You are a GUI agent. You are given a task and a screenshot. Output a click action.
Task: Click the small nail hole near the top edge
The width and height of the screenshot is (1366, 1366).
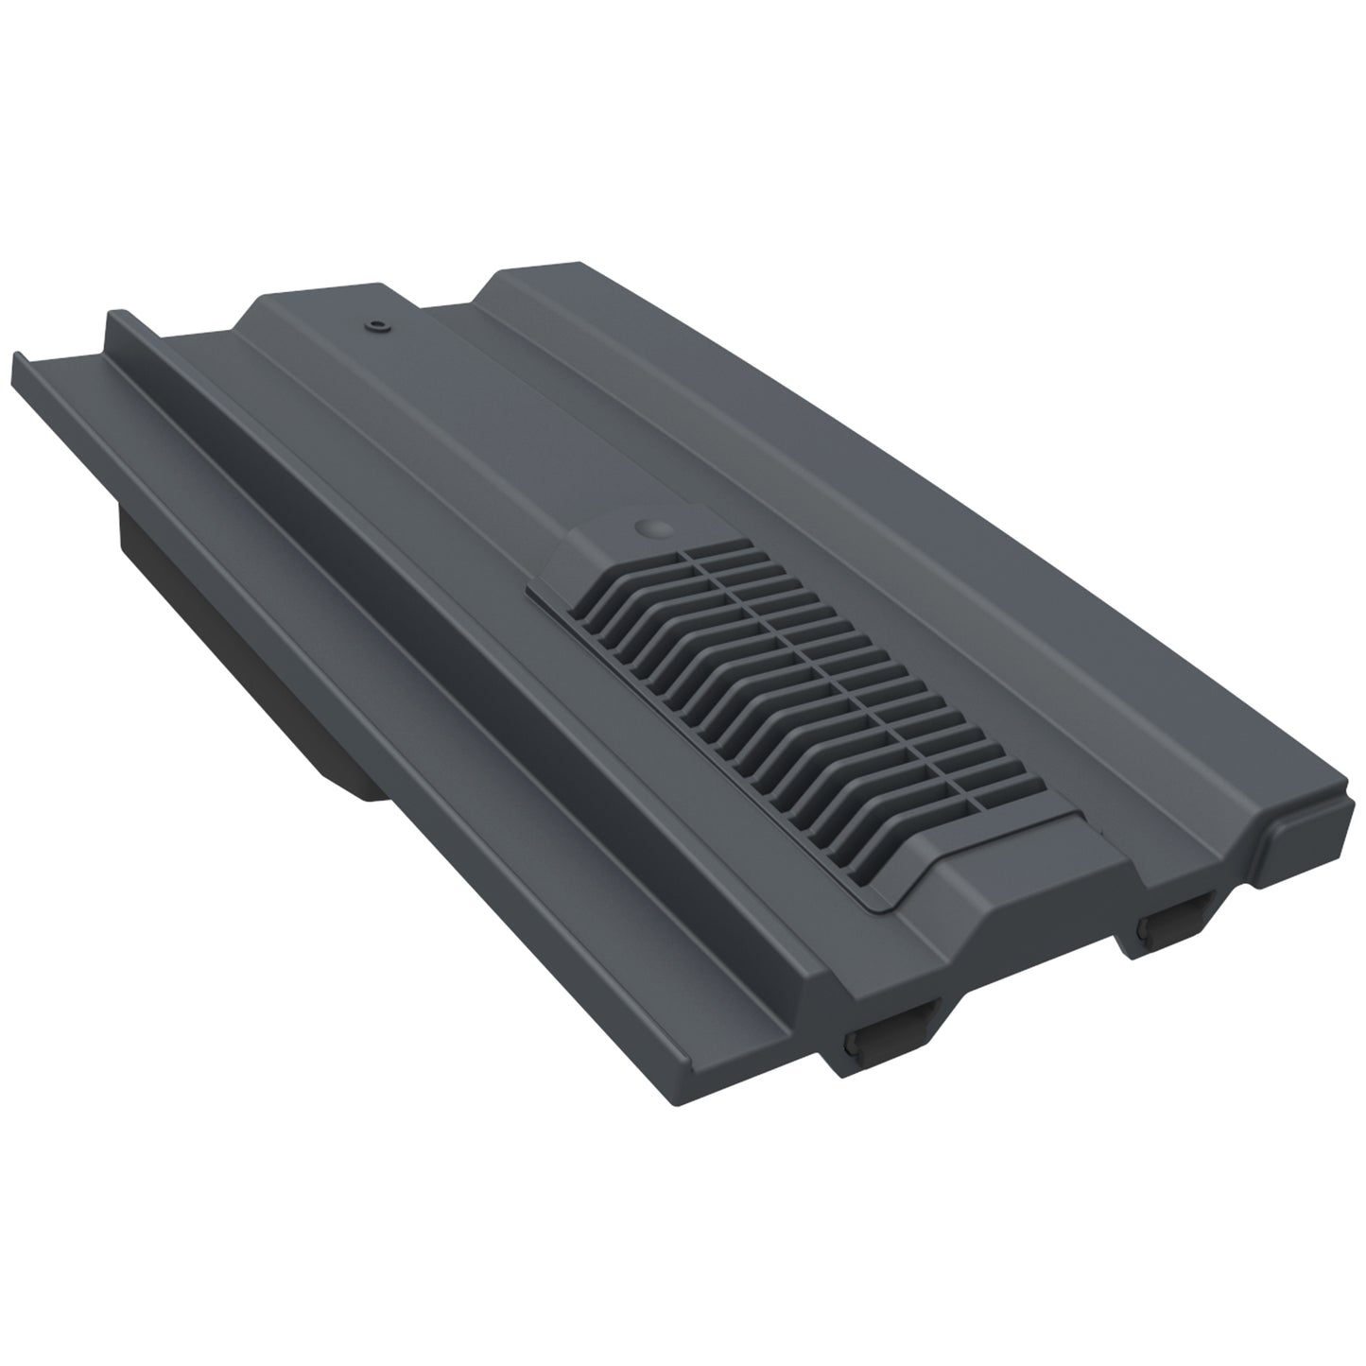coord(379,326)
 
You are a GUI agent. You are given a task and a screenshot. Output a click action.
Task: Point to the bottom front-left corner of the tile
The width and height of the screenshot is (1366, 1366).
coord(832,1068)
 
